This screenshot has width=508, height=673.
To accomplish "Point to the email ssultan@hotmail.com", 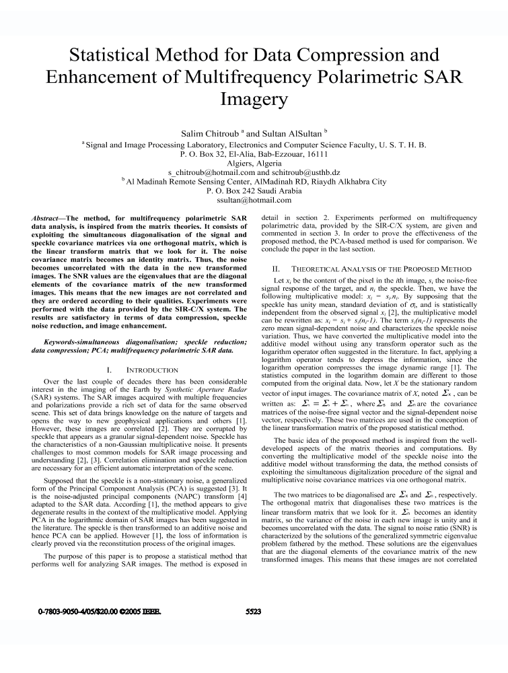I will point(254,200).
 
